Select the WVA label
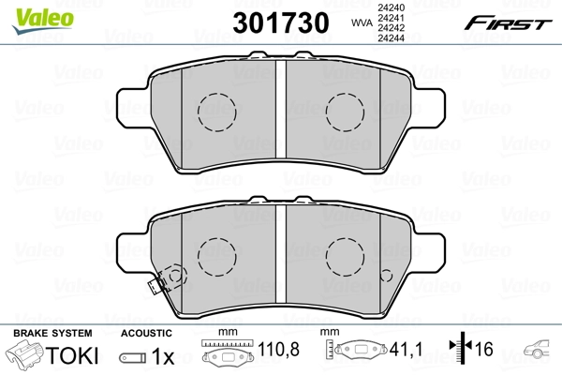coord(360,23)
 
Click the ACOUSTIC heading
coord(146,333)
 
